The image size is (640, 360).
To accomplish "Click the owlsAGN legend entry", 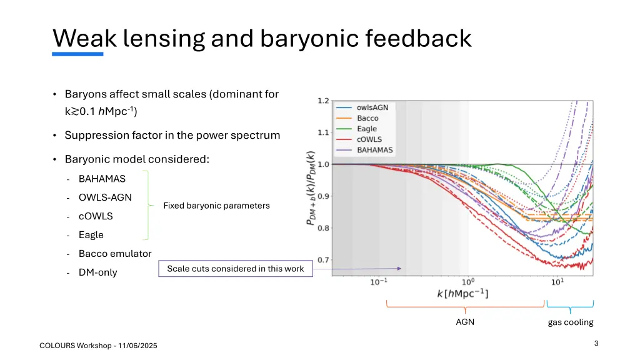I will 372,107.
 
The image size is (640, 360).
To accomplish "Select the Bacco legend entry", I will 367,118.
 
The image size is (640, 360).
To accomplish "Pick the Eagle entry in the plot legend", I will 367,129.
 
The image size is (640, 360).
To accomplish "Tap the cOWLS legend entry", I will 369,139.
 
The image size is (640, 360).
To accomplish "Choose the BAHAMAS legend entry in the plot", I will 374,150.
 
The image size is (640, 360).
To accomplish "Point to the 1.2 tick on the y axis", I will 323,101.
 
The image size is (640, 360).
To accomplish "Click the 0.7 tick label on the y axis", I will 323,260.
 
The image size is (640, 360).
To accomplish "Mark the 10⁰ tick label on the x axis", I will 468,282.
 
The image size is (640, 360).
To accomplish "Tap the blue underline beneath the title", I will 77,54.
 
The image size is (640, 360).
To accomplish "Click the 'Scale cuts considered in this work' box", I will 235,269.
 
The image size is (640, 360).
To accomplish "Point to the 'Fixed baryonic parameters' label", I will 216,206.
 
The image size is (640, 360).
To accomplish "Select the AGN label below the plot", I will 465,322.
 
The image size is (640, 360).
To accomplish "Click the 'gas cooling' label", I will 570,322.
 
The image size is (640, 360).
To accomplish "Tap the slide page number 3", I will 596,343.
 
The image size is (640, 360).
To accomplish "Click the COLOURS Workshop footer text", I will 98,346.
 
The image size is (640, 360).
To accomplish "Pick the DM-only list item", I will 97,272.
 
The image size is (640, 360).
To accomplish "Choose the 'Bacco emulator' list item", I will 114,254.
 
